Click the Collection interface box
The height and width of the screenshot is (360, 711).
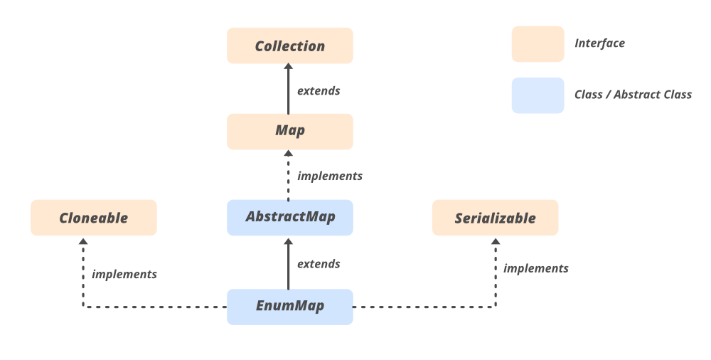coord(289,46)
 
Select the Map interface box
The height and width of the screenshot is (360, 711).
coord(289,132)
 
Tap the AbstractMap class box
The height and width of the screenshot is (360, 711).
coord(289,217)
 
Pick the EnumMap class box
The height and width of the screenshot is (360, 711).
coord(289,307)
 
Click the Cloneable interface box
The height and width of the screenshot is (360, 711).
coord(93,218)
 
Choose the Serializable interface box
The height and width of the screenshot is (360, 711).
coord(495,218)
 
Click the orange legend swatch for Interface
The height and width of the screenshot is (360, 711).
coord(538,44)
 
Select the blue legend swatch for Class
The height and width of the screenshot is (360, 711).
coord(538,95)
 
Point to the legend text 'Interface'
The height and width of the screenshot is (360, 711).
coord(599,43)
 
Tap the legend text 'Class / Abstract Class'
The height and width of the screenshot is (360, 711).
coord(633,95)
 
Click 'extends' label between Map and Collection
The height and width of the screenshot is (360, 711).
coord(319,91)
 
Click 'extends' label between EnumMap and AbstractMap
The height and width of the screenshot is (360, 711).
coord(319,264)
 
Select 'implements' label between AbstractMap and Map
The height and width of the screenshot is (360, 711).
coord(330,176)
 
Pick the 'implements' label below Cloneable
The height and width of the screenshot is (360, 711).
coord(124,274)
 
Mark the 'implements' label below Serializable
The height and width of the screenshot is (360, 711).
coord(536,268)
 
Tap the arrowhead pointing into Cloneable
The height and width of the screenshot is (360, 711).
coord(83,241)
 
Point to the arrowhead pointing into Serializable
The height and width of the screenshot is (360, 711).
coord(496,241)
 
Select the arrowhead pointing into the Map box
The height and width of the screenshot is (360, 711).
coord(289,153)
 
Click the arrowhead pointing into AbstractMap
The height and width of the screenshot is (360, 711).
coord(289,241)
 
